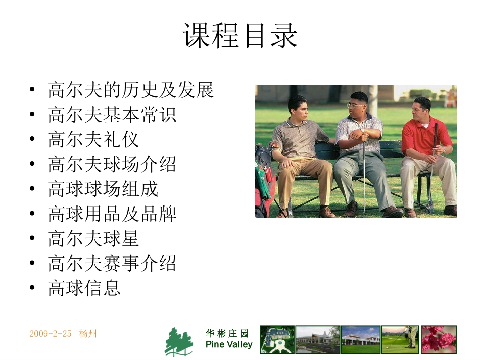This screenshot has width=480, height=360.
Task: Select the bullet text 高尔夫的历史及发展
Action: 131,90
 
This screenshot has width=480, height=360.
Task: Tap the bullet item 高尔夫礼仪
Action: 93,139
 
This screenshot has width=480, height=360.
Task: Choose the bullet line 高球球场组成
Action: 103,189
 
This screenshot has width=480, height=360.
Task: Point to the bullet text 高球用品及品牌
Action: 112,214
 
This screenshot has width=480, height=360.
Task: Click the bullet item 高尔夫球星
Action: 93,238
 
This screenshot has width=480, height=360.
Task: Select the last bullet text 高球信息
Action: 84,288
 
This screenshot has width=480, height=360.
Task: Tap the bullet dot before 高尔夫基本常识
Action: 32,115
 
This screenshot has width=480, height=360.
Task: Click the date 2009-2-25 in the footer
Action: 51,334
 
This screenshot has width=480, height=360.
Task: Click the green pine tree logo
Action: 179,342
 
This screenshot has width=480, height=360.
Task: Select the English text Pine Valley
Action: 229,345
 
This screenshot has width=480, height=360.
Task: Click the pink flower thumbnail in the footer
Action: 439,339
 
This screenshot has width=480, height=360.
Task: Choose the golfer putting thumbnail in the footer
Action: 400,339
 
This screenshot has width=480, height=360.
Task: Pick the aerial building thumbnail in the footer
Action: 277,339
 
